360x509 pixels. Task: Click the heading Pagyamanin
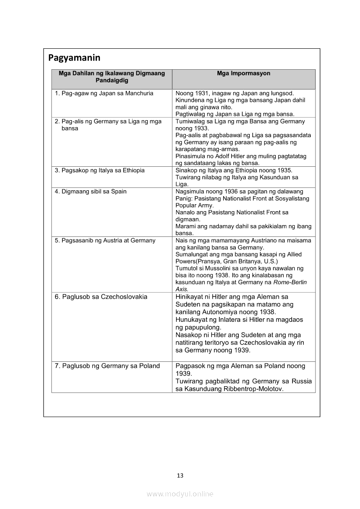point(74,58)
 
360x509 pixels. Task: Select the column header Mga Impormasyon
point(243,74)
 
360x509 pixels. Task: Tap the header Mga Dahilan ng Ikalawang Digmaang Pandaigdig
point(112,77)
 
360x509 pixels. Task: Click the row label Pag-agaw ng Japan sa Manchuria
point(104,94)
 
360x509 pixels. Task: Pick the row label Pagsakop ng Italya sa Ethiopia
point(99,170)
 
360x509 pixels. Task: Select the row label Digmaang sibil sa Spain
point(90,191)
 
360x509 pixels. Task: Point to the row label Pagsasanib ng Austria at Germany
point(105,240)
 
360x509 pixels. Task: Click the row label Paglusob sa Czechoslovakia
point(101,297)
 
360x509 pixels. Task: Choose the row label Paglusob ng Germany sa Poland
point(107,366)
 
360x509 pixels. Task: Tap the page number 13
point(180,475)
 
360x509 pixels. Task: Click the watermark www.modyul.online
point(180,494)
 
